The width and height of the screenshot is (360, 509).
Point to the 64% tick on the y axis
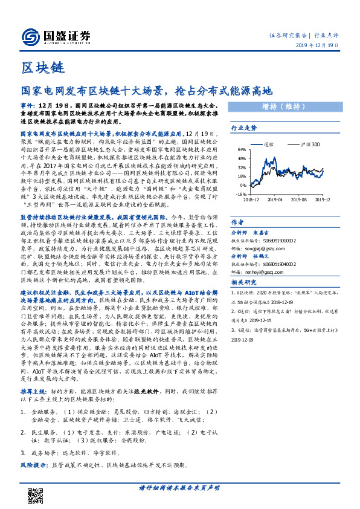click(x=241, y=149)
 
